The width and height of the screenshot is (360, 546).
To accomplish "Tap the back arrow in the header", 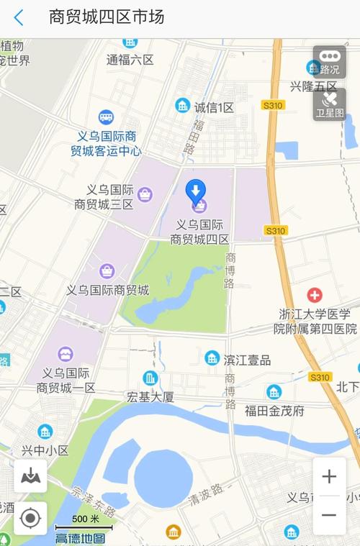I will [19, 17].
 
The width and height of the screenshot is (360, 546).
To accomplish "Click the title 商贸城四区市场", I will [107, 17].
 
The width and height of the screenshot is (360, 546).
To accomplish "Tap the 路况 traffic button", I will [329, 62].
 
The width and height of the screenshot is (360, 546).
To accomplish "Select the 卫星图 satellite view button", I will [329, 104].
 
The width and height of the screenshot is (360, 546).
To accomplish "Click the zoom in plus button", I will [329, 476].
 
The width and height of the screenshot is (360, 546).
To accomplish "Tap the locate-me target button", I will [30, 518].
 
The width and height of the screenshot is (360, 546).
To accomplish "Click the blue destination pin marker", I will [195, 191].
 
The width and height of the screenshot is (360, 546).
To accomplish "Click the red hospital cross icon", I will [315, 295].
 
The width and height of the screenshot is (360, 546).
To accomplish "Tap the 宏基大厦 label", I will [150, 396].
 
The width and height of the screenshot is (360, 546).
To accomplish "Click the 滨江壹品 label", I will [247, 360].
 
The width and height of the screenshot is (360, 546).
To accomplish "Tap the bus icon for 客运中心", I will [106, 117].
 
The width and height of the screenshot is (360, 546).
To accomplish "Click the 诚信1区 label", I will [214, 107].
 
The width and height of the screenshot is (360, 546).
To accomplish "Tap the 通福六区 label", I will [130, 60].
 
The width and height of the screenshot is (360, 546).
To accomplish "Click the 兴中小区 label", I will [45, 450].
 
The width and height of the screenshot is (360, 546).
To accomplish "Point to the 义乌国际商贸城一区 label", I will [66, 380].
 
